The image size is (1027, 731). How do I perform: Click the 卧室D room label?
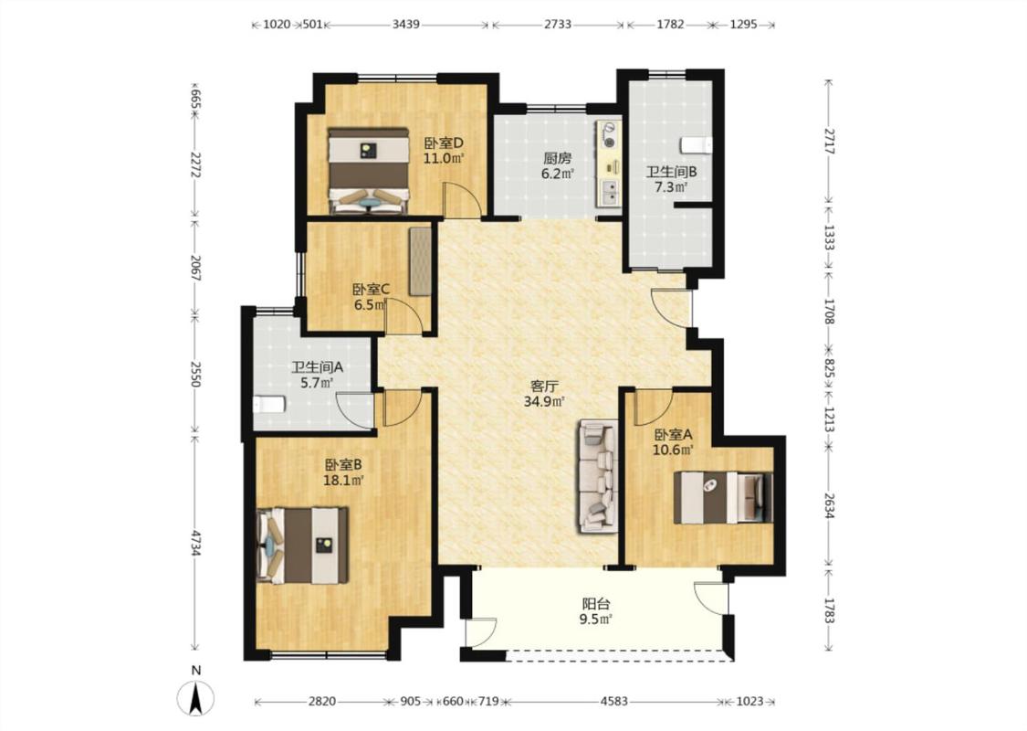(x=444, y=143)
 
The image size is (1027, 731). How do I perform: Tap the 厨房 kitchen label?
(x=558, y=159)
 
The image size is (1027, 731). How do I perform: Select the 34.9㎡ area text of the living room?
(x=544, y=401)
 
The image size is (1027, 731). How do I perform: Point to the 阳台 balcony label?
(x=596, y=604)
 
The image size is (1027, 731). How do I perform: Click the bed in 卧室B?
(x=302, y=545)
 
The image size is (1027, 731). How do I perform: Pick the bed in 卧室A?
(x=724, y=497)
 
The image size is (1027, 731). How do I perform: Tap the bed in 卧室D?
(x=368, y=171)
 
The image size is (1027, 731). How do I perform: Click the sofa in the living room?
(x=597, y=476)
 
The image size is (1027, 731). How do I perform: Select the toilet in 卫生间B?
(x=696, y=144)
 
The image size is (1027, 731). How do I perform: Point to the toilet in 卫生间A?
(x=269, y=405)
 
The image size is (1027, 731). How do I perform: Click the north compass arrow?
(x=195, y=698)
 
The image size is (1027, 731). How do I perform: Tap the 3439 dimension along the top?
(x=406, y=25)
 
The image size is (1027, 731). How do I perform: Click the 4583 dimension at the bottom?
(x=613, y=702)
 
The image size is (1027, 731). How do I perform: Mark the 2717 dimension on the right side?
(x=829, y=141)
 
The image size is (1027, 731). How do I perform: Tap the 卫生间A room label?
(x=317, y=368)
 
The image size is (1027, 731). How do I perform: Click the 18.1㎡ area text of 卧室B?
(x=343, y=481)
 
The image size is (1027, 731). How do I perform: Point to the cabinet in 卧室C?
(x=420, y=261)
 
